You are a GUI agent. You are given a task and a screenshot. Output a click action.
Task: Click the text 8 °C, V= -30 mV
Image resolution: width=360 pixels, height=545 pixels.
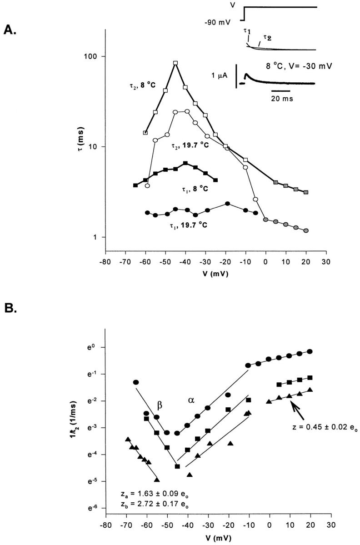tap(300, 65)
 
